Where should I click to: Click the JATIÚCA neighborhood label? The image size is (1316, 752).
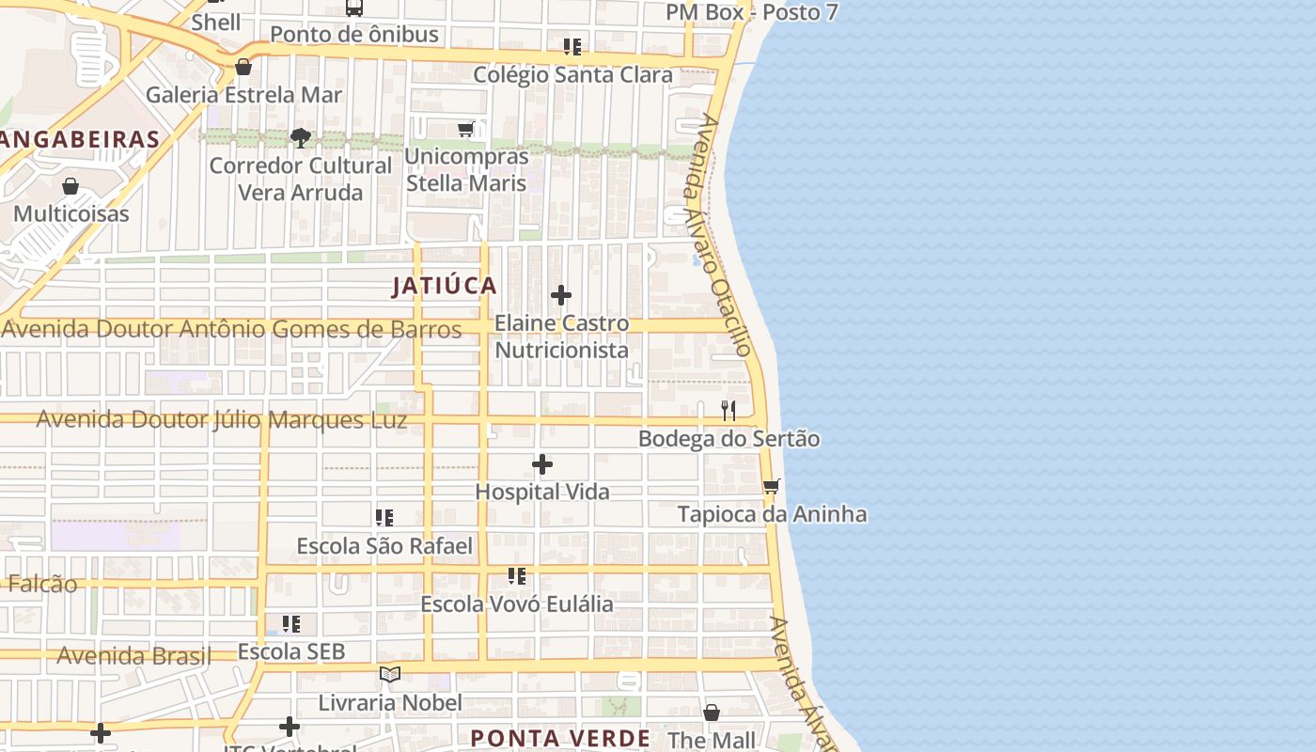445,286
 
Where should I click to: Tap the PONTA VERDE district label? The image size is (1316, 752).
560,738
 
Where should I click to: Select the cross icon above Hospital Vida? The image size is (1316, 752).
542,464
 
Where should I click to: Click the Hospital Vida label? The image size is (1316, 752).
542,492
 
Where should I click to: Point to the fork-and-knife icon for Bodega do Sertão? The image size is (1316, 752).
728,411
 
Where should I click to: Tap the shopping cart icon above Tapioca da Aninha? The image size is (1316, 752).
772,486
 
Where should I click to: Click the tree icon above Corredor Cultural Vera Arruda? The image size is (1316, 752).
301,138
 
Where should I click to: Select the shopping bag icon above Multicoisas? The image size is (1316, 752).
70,186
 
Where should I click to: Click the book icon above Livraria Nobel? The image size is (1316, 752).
390,674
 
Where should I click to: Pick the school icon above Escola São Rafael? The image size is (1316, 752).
384,517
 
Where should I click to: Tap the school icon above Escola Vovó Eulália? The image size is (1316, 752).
517,575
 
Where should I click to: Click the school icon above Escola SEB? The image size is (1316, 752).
291,623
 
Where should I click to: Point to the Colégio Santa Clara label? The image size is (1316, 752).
572,75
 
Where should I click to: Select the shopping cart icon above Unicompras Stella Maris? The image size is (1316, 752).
466,129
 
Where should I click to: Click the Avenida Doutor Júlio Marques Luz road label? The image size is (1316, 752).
222,419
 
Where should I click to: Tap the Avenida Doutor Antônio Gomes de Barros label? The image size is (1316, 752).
232,329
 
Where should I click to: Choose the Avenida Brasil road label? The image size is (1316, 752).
133,655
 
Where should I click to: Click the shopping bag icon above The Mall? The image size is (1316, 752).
712,713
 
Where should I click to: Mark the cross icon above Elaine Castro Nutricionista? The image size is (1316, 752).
561,295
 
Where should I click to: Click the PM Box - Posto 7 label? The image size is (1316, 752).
751,12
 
